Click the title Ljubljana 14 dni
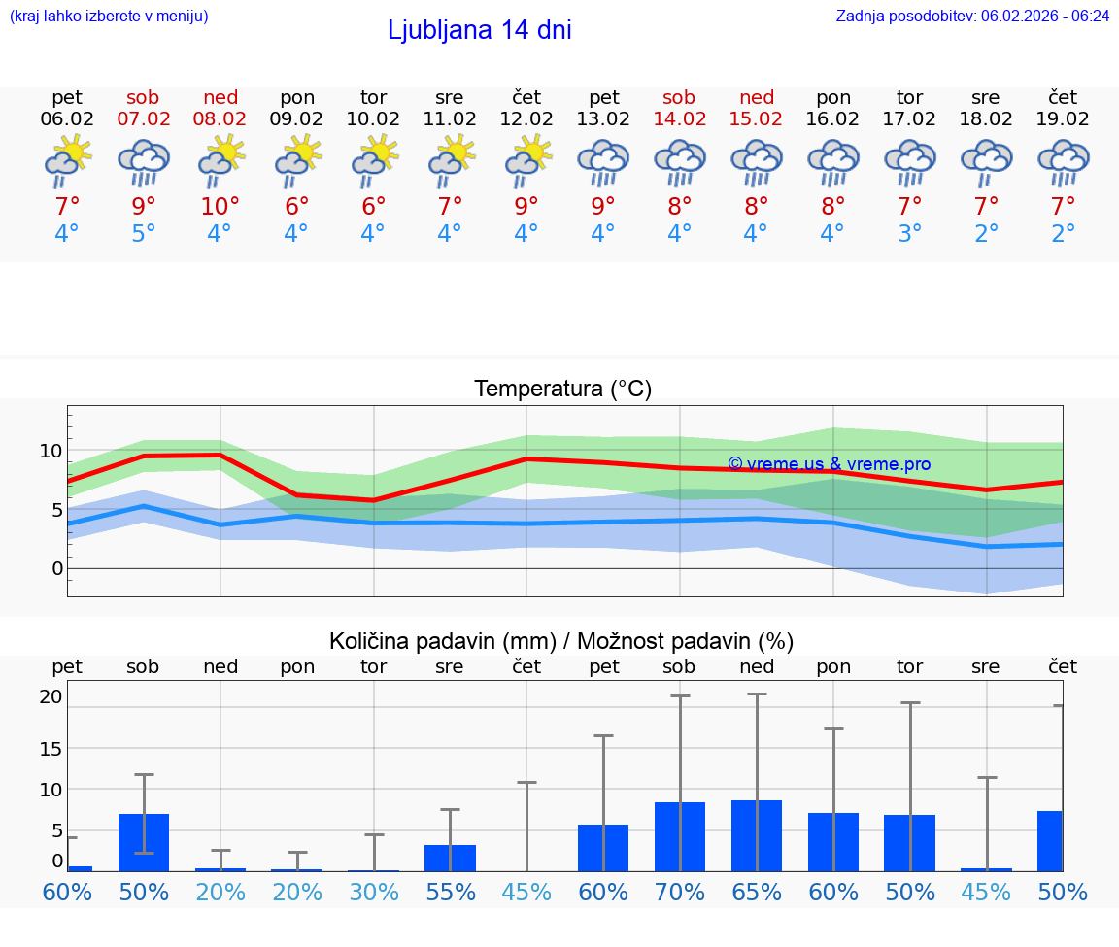tap(479, 30)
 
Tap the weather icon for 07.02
tap(144, 162)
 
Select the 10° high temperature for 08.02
tap(220, 206)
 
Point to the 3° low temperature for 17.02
tap(910, 234)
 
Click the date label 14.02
tap(679, 118)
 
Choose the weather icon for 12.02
tap(527, 162)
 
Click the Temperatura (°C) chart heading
tap(562, 389)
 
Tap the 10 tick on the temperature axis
tap(51, 451)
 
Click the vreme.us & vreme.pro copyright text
tap(829, 464)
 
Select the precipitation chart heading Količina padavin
tap(561, 641)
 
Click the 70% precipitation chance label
tap(680, 892)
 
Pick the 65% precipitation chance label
tap(757, 892)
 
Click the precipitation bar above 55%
tap(451, 858)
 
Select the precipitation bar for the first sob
tap(144, 842)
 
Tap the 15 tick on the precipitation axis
tap(51, 748)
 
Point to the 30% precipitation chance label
tap(374, 892)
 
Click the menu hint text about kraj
tap(108, 16)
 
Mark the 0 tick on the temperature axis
tap(56, 568)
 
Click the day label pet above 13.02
tap(603, 97)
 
